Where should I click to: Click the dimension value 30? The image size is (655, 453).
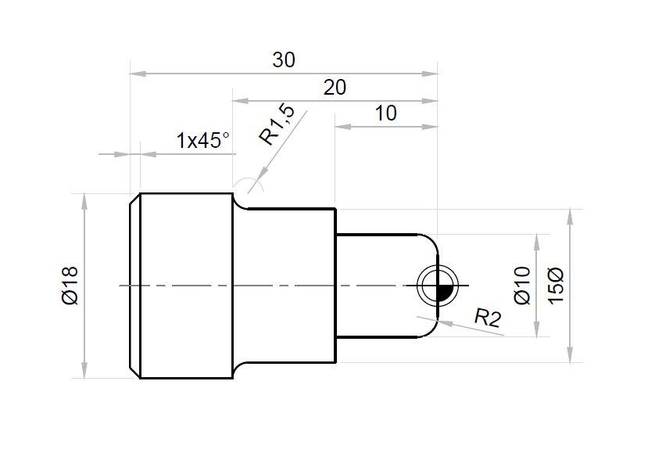pos(284,60)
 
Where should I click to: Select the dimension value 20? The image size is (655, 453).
pos(335,88)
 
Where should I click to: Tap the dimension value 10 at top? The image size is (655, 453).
pos(385,113)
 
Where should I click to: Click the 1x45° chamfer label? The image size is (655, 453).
pos(203,141)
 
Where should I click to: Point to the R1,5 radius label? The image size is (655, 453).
pos(278,125)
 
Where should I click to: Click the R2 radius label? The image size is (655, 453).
pos(487,317)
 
